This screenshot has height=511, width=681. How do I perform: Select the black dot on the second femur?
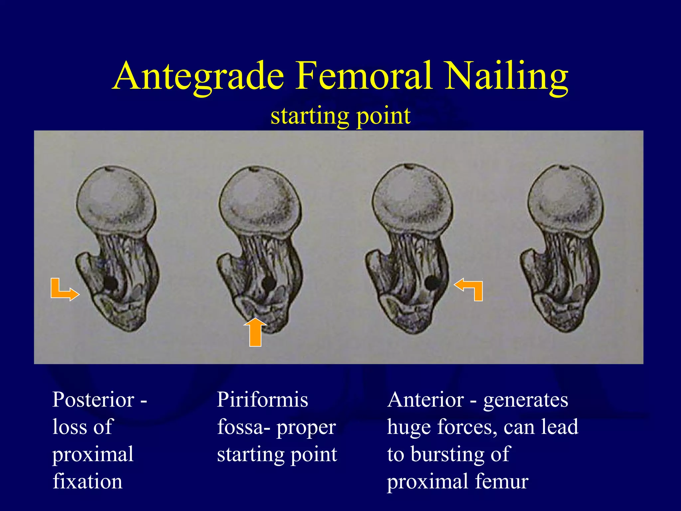(268, 283)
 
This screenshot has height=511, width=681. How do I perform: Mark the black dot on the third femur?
(432, 283)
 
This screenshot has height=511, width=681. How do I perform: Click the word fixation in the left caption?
(87, 481)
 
